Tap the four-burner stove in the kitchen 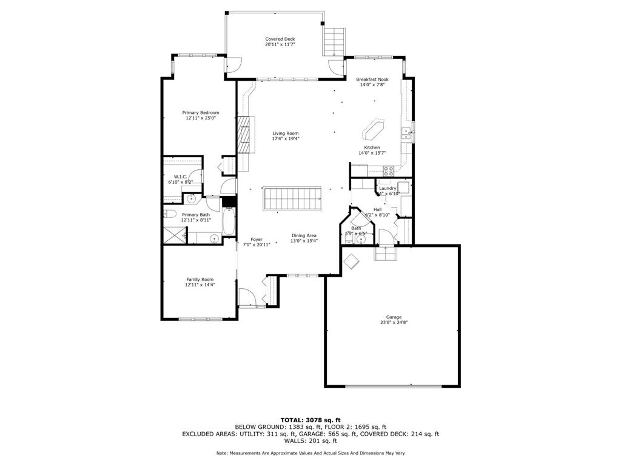click(388, 171)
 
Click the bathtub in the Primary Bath click(228, 223)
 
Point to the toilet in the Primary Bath click(170, 214)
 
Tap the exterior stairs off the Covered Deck click(334, 41)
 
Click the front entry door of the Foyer click(247, 297)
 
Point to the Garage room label click(394, 317)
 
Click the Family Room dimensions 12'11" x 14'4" click(200, 285)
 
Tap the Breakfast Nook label click(372, 79)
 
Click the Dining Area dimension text click(304, 241)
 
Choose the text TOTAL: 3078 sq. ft click(310, 420)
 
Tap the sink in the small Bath click(361, 240)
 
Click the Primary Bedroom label click(201, 112)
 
